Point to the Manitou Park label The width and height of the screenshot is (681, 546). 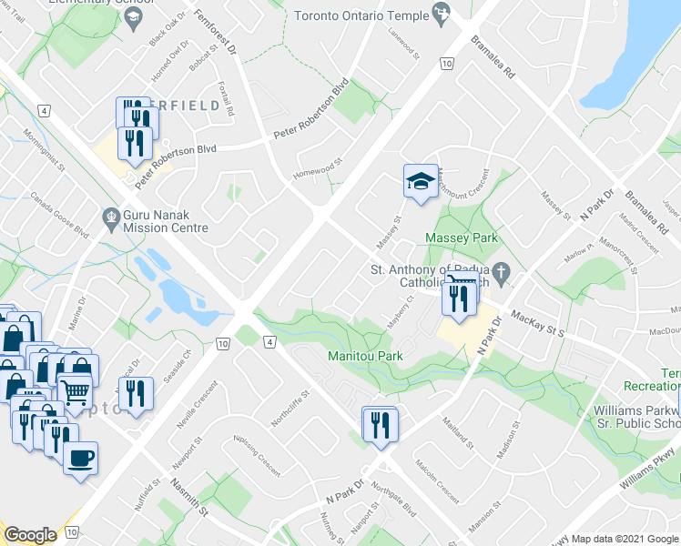[x=367, y=355]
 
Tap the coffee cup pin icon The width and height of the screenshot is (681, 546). [x=80, y=458]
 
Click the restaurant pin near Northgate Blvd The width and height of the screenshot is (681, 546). [x=379, y=424]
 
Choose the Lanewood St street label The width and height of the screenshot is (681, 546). [x=402, y=44]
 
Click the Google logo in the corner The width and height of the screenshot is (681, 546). [x=30, y=535]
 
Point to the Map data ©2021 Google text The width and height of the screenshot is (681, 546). [x=624, y=539]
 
